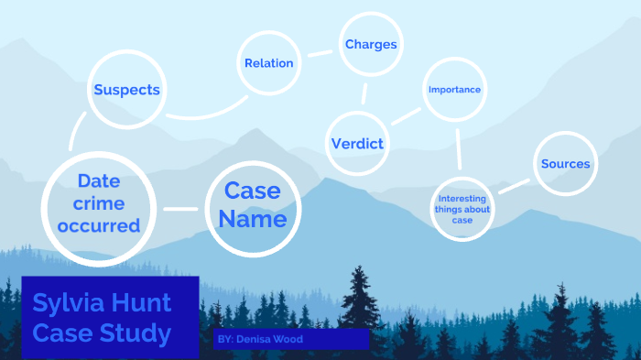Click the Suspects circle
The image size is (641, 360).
pos(126,90)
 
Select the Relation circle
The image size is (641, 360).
pos(269,63)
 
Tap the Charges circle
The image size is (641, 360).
pos(370,44)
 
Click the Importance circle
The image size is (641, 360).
pos(454,90)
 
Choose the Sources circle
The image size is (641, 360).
pos(565,164)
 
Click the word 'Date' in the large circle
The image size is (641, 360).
pos(99,180)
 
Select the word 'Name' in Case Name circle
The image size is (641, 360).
pos(252,220)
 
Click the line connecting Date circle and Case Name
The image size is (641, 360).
pos(180,209)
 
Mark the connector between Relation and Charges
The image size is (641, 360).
pos(320,53)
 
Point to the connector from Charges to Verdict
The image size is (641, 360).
pos(364,93)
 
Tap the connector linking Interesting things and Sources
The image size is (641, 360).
pos(515,186)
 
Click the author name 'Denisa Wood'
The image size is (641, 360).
pos(274,339)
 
